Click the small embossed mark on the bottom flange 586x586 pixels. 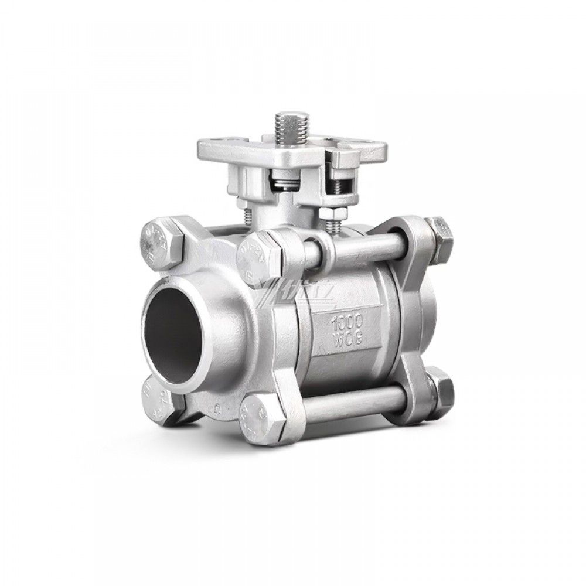click(x=218, y=404)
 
